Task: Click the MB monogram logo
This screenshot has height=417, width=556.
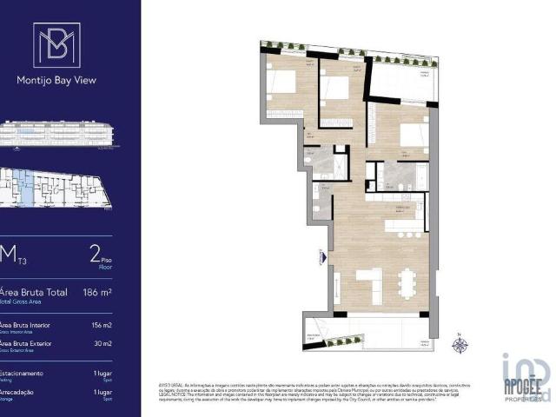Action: tap(56, 44)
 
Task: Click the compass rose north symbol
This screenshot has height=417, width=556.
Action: tap(460, 345)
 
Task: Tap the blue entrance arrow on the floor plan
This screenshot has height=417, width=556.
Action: tap(323, 257)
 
